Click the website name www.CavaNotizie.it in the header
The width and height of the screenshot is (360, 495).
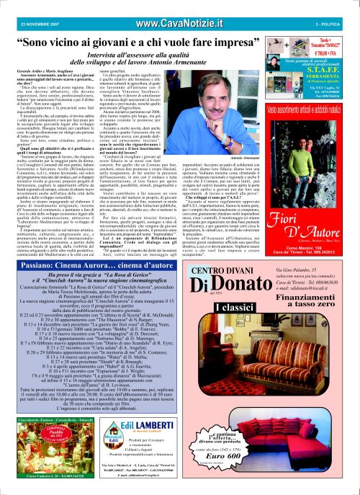[179, 6]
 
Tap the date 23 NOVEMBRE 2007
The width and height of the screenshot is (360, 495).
[28, 6]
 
